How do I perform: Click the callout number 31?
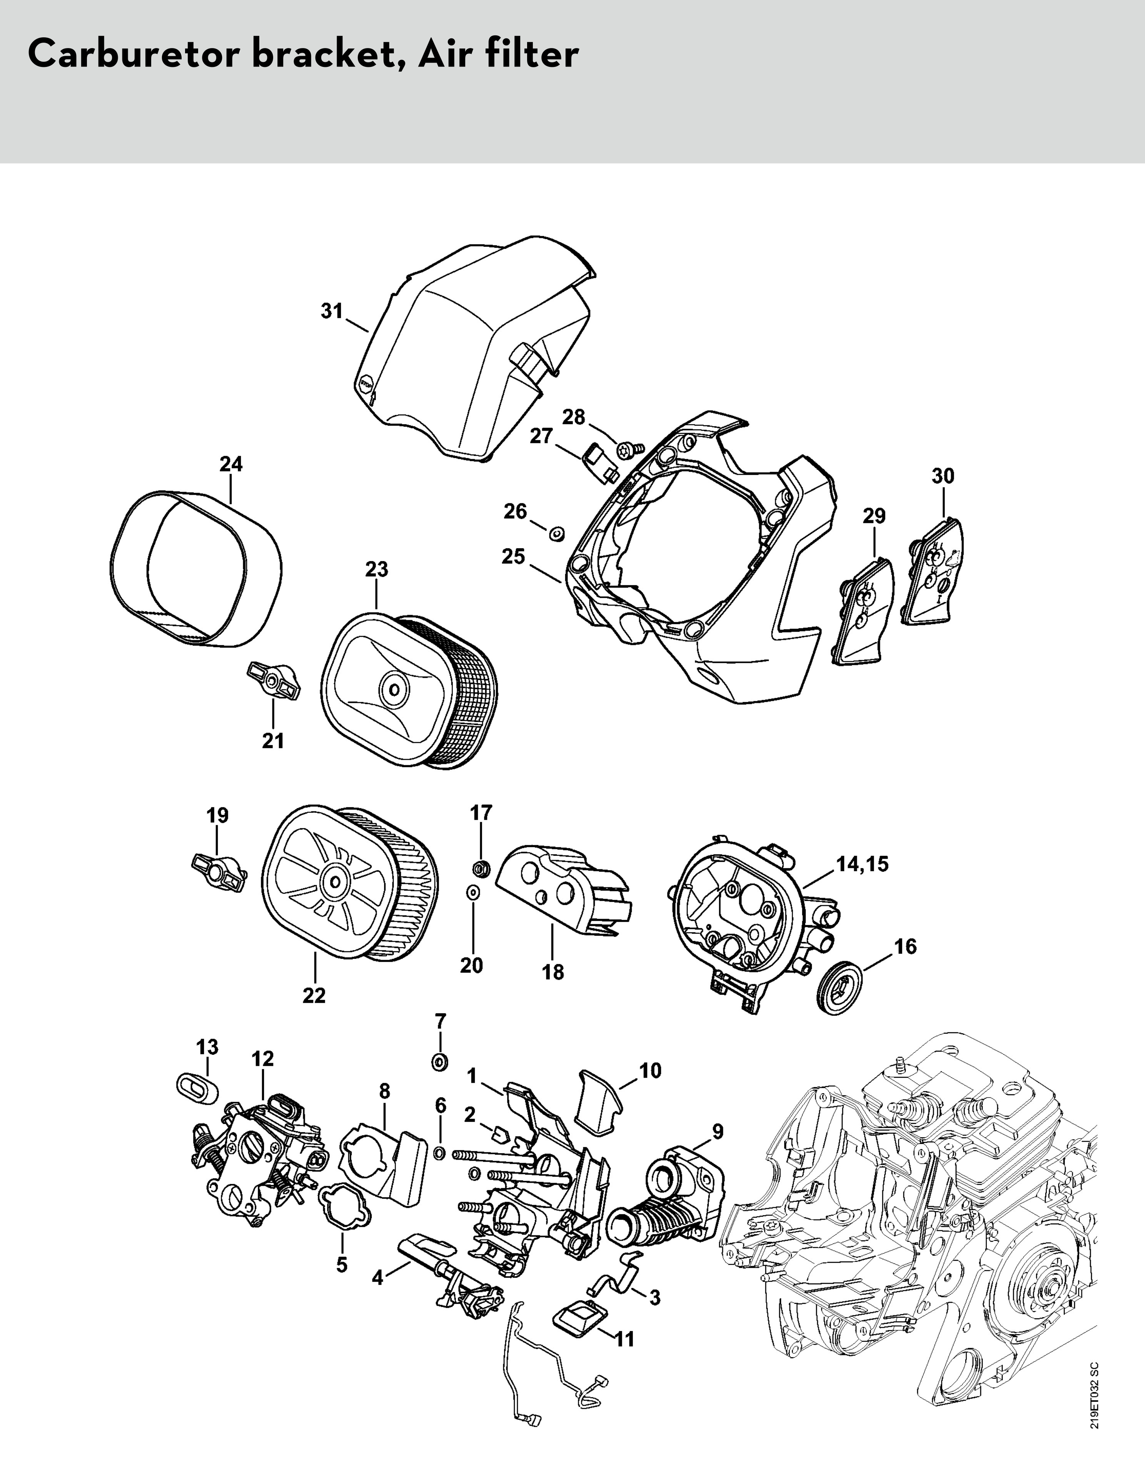[x=332, y=311]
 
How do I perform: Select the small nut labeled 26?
[x=556, y=534]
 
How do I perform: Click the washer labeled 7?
[x=441, y=1062]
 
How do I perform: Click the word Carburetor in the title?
[x=132, y=56]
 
